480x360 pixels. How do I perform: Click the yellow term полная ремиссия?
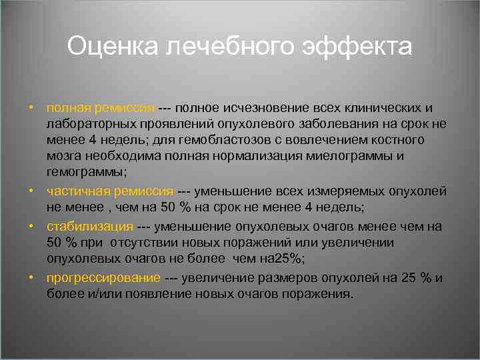pyautogui.click(x=100, y=108)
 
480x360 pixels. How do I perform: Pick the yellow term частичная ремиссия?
pyautogui.click(x=110, y=191)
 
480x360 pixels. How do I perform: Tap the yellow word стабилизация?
pyautogui.click(x=89, y=227)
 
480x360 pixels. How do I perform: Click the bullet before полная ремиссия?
pyautogui.click(x=31, y=108)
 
